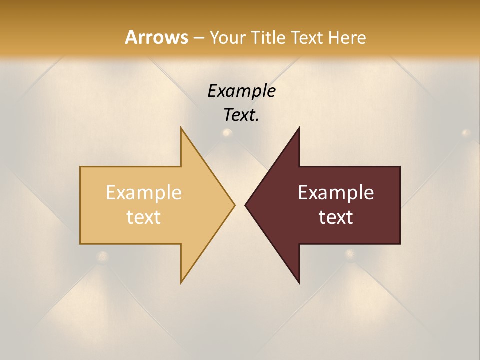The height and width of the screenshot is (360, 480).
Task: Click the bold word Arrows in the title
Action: [x=156, y=37]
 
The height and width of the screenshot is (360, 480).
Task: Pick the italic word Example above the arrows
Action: [x=241, y=91]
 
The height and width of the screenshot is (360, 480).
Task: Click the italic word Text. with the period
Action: [x=241, y=115]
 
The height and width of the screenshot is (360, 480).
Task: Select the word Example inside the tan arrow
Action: [x=144, y=193]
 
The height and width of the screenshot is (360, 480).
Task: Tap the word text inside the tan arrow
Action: [x=144, y=217]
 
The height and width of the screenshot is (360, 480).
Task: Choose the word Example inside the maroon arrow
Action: [x=336, y=193]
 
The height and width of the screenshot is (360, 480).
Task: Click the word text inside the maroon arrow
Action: [x=336, y=217]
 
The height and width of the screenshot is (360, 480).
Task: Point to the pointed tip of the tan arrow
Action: [x=234, y=205]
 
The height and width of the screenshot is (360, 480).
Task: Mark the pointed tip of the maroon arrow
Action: [x=245, y=205]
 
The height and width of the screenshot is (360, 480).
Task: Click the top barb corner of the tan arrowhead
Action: [x=181, y=128]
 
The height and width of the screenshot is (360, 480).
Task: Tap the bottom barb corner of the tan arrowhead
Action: [x=181, y=282]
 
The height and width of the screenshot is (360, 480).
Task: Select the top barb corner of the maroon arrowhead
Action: [x=299, y=128]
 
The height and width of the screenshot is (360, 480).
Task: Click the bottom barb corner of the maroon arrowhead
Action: [x=299, y=283]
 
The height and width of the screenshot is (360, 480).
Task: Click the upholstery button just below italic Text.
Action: [x=227, y=133]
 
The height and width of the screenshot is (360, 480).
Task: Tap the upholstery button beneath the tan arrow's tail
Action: [x=103, y=257]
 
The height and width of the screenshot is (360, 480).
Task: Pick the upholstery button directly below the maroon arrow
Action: [x=350, y=253]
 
